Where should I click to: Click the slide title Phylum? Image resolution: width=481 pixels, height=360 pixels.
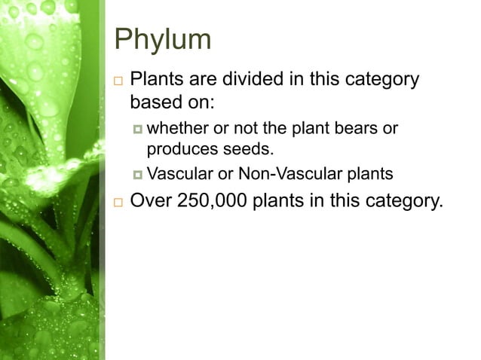pyautogui.click(x=161, y=39)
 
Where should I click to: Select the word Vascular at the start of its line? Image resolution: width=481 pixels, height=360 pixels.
pyautogui.click(x=180, y=175)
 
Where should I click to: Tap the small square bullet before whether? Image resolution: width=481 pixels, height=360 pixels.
pyautogui.click(x=137, y=129)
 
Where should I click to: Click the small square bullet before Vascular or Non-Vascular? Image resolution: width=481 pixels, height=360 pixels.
pyautogui.click(x=137, y=175)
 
